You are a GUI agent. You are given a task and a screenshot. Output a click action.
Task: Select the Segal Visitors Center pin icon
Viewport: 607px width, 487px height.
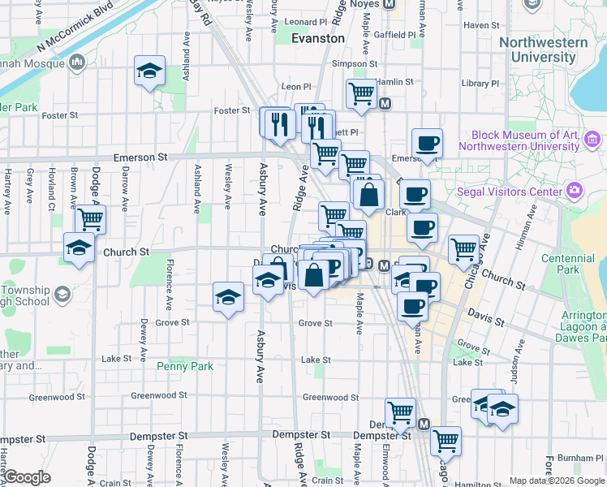click(x=575, y=191)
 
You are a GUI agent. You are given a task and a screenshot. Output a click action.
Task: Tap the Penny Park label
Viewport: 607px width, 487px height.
click(x=185, y=366)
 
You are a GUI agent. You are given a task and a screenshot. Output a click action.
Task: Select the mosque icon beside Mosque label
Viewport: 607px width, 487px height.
click(x=78, y=62)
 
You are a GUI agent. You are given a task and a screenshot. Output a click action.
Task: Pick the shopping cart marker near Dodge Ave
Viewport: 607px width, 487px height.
click(x=91, y=218)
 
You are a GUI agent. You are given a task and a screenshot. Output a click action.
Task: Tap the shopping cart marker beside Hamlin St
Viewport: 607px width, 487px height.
click(x=360, y=93)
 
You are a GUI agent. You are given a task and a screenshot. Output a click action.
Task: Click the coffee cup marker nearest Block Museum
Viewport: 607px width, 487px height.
click(x=427, y=144)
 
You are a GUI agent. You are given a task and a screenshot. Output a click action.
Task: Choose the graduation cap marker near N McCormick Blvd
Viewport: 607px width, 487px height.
click(x=149, y=71)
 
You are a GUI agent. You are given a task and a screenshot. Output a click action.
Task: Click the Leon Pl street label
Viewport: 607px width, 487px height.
click(x=295, y=86)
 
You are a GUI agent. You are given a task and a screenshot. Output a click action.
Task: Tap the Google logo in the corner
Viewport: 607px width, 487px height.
click(x=27, y=477)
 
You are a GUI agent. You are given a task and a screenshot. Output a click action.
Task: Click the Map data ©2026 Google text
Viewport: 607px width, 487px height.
click(x=555, y=481)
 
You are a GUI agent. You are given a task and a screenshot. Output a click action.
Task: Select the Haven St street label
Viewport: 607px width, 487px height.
click(x=481, y=25)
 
